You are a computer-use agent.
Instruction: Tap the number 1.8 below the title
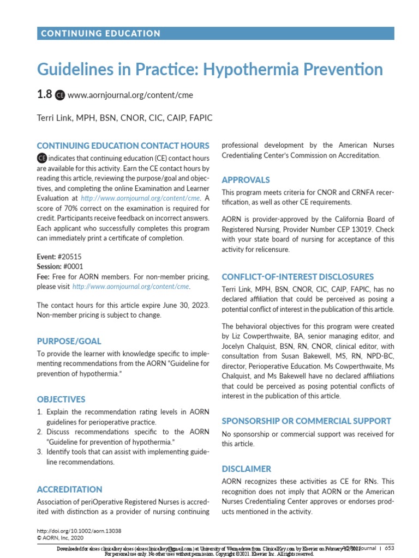coord(44,94)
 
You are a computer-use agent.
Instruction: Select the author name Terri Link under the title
coord(57,118)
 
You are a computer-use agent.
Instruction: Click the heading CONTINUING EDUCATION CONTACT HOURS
coord(123,145)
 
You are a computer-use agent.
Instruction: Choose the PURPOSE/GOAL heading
coord(69,341)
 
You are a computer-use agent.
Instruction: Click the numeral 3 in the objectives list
coord(40,452)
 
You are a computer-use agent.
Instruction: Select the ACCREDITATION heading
coord(69,489)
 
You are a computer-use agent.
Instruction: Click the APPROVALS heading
coord(246,180)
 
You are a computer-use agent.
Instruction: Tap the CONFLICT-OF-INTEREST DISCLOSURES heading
coord(297,277)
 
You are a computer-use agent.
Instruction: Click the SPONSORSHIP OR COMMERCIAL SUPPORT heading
coord(306,421)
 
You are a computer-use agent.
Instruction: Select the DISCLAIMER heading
coord(246,469)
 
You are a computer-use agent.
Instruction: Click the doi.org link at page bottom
coord(79,530)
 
